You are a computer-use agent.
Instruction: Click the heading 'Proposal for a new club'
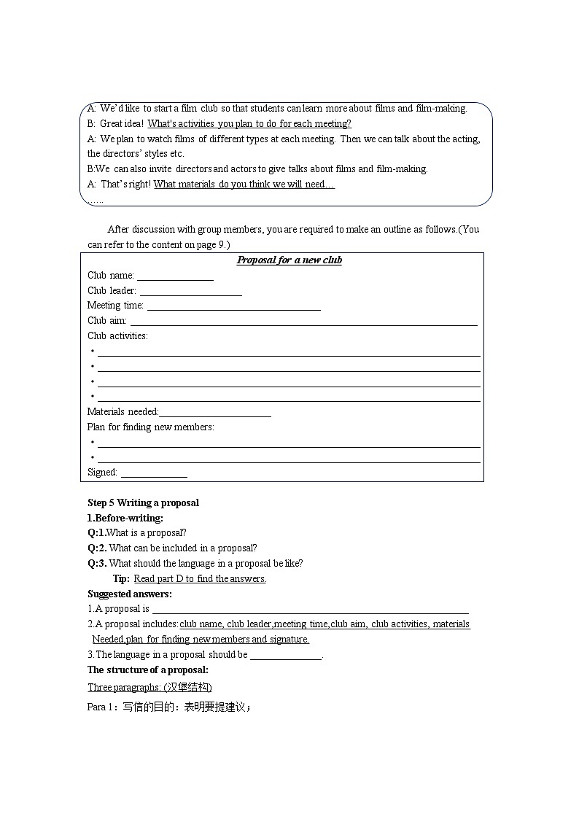click(289, 260)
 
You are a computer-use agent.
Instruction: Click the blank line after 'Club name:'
click(175, 276)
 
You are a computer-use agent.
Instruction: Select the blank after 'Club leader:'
click(190, 292)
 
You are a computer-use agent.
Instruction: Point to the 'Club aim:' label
click(106, 321)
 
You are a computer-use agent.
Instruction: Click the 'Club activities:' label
click(117, 336)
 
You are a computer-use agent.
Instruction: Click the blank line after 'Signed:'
click(154, 473)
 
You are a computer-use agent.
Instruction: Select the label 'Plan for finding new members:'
click(150, 427)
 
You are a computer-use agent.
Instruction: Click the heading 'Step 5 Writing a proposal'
click(143, 503)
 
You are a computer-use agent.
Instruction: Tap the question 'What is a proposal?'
click(147, 533)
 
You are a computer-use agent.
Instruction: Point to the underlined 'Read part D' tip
click(200, 579)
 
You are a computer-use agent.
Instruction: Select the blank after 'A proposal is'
click(310, 610)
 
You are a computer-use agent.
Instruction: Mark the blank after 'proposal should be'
click(286, 655)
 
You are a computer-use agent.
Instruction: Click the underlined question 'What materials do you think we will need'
click(244, 185)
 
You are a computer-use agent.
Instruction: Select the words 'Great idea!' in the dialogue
click(122, 124)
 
